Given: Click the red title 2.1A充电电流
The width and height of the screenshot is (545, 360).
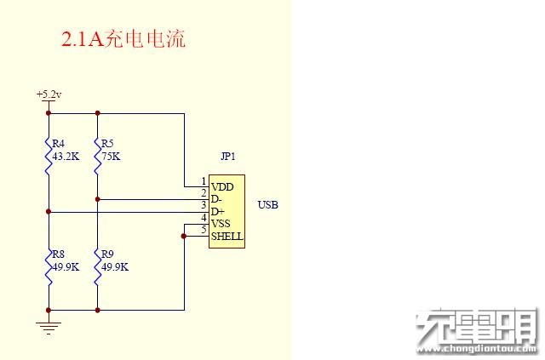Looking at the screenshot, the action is tap(123, 38).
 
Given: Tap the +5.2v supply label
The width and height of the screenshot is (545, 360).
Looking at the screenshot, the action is tap(49, 94).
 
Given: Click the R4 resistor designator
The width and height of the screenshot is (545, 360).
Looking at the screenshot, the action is tap(59, 144).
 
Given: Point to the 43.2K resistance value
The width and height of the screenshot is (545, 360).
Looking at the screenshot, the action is tap(66, 157).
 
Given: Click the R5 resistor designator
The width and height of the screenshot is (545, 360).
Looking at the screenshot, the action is tap(107, 144).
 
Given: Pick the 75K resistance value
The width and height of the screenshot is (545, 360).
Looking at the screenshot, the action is tap(111, 157).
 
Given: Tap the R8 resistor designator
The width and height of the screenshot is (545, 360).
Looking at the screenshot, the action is tap(59, 254).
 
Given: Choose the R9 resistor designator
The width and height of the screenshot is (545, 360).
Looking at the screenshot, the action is tap(107, 254).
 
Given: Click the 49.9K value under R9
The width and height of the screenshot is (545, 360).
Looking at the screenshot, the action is tap(115, 267).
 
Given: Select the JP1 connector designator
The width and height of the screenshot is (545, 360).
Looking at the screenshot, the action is tap(228, 157).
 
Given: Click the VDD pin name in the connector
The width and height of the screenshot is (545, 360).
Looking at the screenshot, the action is tap(222, 187).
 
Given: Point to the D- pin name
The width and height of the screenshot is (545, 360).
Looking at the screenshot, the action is tap(215, 199).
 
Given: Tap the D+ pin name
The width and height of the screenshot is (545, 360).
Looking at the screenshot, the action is tap(218, 212).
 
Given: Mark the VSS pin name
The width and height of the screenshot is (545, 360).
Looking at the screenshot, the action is tap(221, 224).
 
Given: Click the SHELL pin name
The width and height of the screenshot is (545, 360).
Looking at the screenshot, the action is tap(227, 237).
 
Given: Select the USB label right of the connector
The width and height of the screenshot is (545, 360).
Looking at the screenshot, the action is tap(267, 205).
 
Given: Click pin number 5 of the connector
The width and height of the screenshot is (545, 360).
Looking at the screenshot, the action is tap(204, 230).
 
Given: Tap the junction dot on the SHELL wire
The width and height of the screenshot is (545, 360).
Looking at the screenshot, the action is tap(184, 237).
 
